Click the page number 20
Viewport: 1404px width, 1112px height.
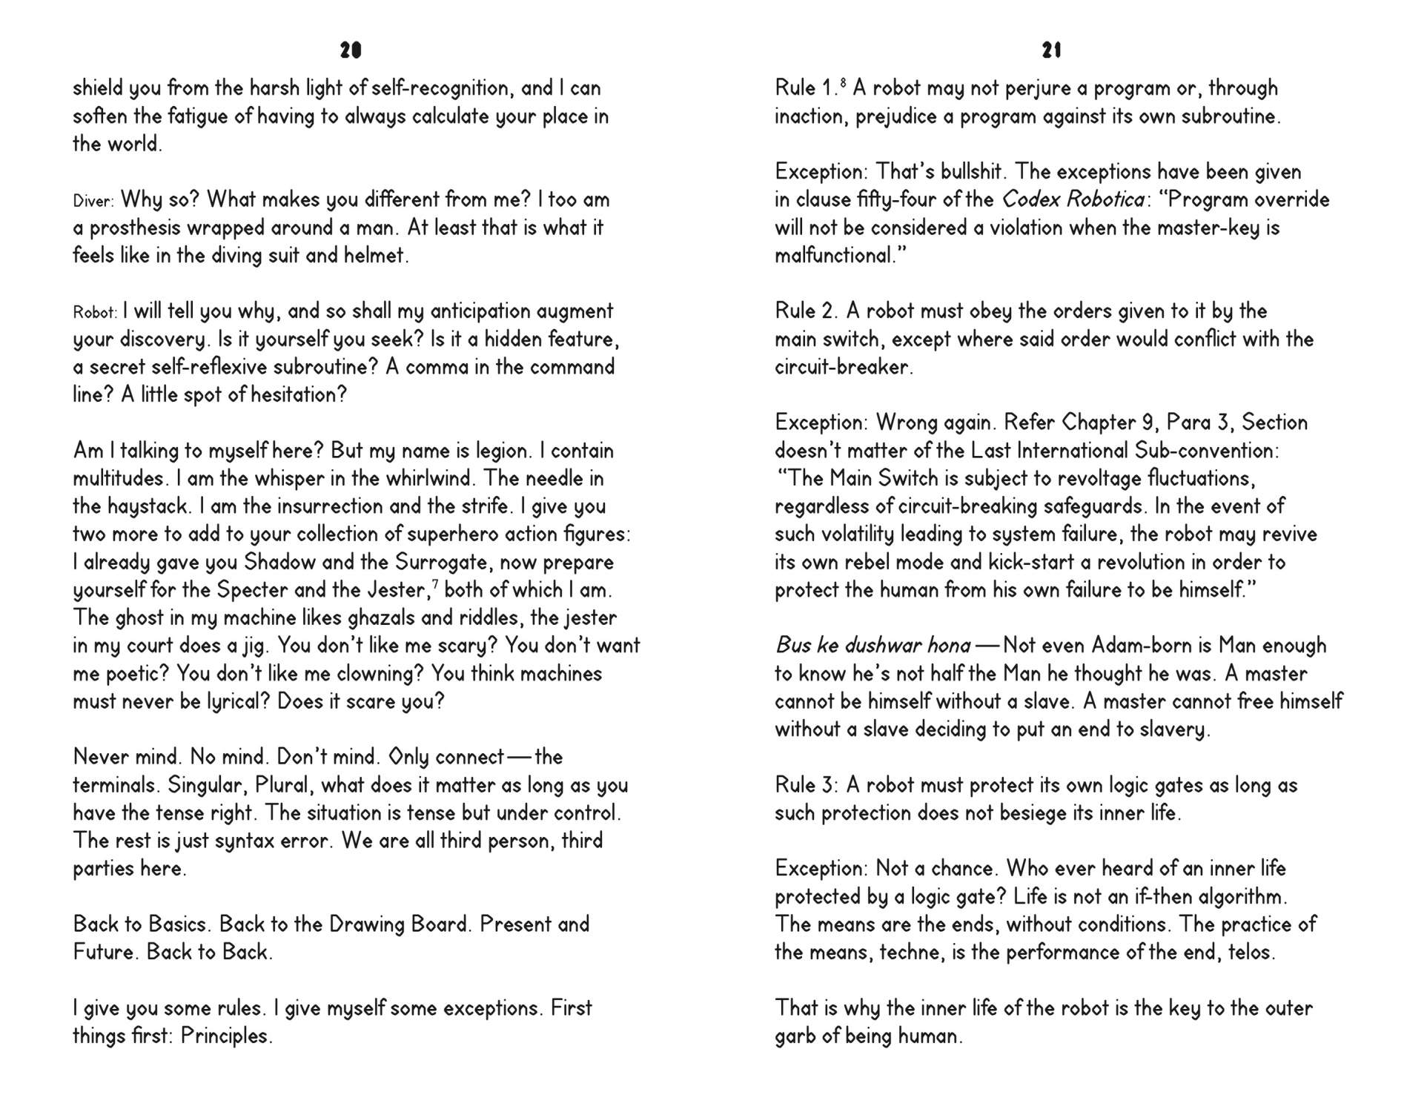(x=351, y=50)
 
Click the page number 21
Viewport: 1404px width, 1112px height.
(x=1052, y=50)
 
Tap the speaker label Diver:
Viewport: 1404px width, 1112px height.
(x=93, y=201)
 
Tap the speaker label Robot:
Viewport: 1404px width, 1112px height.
(x=95, y=312)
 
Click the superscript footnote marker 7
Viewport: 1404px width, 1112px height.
(x=435, y=584)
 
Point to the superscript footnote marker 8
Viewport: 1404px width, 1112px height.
(x=844, y=82)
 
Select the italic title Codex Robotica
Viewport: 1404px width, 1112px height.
(x=1072, y=199)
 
